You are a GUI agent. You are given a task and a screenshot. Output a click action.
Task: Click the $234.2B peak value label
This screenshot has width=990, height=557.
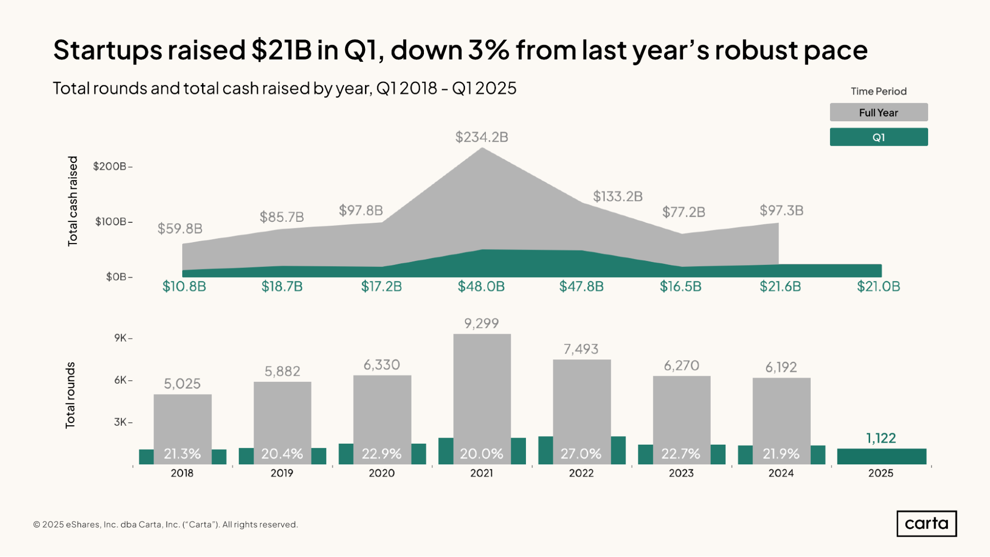point(481,137)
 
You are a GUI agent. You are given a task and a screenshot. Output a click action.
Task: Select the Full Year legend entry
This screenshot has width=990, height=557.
point(878,112)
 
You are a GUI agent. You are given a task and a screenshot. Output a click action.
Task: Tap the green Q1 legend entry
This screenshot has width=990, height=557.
point(878,137)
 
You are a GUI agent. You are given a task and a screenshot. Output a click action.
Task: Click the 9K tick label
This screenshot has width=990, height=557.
point(121,338)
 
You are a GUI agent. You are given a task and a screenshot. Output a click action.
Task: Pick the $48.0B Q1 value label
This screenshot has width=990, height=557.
point(481,286)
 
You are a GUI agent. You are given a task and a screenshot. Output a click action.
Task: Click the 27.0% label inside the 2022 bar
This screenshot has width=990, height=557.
point(581,454)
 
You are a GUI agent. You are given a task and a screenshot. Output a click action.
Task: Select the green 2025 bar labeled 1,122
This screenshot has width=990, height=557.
point(881,456)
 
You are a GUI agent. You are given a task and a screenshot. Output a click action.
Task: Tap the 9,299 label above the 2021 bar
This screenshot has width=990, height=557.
point(481,323)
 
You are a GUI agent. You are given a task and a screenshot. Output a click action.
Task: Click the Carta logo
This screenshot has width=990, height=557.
point(926,523)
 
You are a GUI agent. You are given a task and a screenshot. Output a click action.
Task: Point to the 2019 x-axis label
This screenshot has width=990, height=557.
point(282,473)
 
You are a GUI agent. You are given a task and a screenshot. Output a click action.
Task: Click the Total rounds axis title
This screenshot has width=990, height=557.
point(70,395)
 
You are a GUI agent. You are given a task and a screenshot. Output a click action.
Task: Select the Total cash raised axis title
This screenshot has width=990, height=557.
point(73,201)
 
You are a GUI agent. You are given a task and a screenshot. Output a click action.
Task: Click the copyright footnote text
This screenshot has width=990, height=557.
point(165,524)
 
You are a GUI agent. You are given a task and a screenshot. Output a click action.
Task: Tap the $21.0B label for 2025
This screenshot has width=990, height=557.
point(878,286)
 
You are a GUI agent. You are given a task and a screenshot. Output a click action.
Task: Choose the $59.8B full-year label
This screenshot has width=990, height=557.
point(180,228)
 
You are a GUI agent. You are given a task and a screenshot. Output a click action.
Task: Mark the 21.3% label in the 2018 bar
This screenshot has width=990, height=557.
point(182,454)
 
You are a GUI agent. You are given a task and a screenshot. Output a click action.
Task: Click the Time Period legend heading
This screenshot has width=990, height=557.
point(878,91)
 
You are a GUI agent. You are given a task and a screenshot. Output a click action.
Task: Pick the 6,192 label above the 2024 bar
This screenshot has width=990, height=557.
point(781,367)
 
